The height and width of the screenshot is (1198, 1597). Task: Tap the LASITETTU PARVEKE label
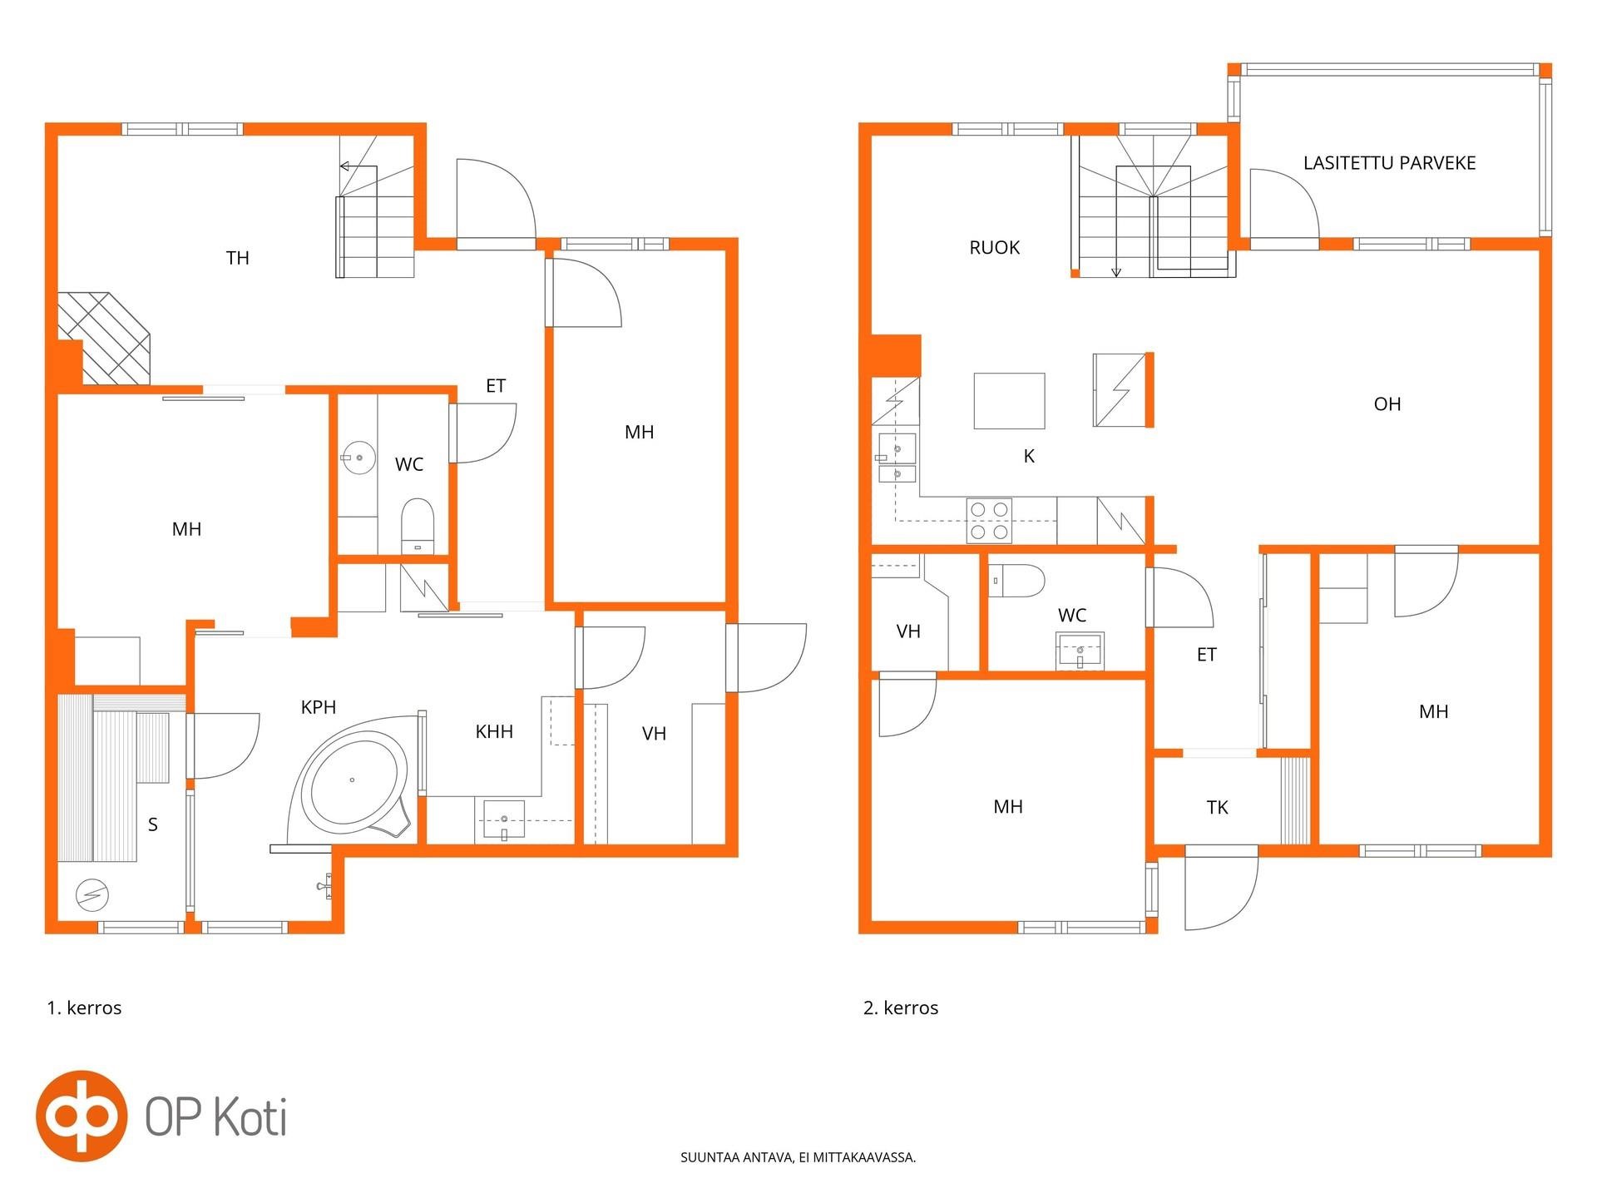(1389, 163)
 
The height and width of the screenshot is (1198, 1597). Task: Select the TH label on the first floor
(238, 258)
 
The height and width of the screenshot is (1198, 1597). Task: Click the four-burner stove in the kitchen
(989, 521)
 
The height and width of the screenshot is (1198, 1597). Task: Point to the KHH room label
(494, 731)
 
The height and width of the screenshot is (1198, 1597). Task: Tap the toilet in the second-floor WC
(1016, 581)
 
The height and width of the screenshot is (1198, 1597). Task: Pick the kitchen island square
(1009, 401)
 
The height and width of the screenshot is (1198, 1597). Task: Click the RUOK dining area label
(994, 248)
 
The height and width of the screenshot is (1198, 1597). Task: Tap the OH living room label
(1387, 404)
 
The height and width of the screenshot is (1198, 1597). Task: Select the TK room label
(1217, 807)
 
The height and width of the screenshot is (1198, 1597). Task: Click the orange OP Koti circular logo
(82, 1116)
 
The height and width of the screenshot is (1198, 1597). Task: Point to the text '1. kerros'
(84, 1007)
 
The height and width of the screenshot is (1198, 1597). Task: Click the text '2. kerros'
(901, 1007)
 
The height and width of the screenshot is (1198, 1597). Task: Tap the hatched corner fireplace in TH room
(103, 338)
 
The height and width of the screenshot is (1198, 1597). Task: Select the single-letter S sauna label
(152, 824)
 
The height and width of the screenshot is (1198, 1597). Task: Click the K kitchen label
(1029, 456)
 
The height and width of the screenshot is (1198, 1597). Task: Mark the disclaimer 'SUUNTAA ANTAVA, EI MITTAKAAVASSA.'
(798, 1157)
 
